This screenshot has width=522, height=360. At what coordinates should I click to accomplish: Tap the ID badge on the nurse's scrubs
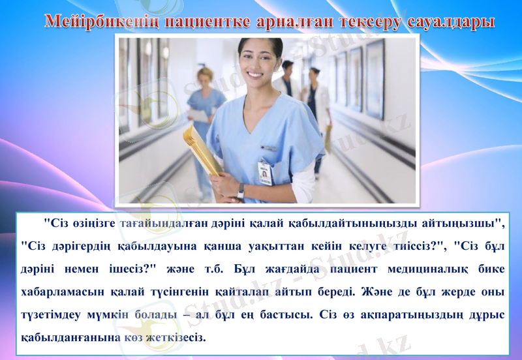[x=265, y=172]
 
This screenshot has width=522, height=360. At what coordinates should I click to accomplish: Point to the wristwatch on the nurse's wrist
[x=241, y=190]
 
